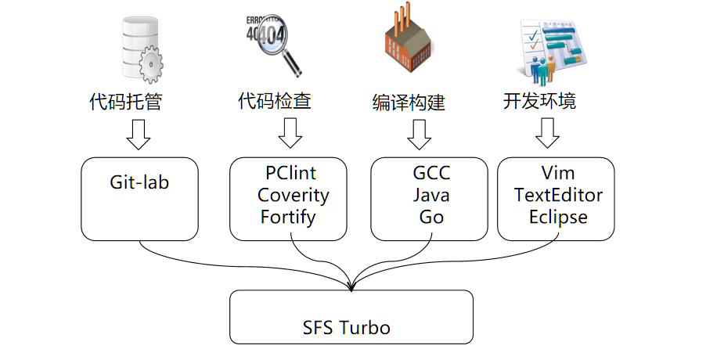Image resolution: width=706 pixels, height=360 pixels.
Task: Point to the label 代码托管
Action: (x=126, y=101)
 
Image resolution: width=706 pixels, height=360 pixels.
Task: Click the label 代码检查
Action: (x=275, y=101)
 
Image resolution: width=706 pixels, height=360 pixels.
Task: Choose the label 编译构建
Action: (x=409, y=103)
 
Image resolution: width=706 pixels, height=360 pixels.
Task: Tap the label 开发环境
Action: (x=539, y=101)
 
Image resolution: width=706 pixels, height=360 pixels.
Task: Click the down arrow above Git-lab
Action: (x=139, y=134)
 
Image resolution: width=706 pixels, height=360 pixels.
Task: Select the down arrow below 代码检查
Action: (x=290, y=133)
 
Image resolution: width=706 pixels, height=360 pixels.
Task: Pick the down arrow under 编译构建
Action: (x=419, y=134)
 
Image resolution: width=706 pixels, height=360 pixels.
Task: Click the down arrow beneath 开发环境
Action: (x=547, y=133)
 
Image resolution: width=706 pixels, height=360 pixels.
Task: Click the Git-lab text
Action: (x=139, y=183)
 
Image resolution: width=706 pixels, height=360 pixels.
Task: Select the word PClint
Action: (x=290, y=173)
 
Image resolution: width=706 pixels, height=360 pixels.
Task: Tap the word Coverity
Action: (x=293, y=195)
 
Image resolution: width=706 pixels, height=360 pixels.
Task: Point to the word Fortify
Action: (x=288, y=216)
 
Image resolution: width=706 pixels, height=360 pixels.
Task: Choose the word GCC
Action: (x=431, y=173)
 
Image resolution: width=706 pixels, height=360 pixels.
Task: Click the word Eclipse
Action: (x=557, y=217)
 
